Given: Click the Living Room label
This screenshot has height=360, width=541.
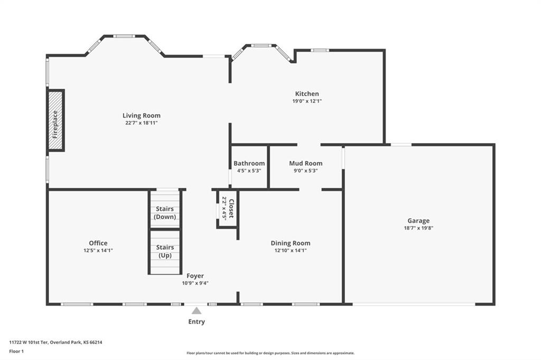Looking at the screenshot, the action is pyautogui.click(x=142, y=116).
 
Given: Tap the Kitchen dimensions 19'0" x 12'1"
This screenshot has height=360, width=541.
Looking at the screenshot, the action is pyautogui.click(x=307, y=101).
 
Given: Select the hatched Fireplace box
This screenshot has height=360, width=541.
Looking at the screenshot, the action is pyautogui.click(x=55, y=120).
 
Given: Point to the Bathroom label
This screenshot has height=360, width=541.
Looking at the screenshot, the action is pyautogui.click(x=249, y=163).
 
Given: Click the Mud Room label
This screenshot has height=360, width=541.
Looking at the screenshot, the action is pyautogui.click(x=306, y=163).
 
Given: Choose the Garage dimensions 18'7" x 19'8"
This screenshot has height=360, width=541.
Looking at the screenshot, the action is pyautogui.click(x=418, y=228).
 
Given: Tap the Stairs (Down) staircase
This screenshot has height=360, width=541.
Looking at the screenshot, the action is pyautogui.click(x=165, y=209).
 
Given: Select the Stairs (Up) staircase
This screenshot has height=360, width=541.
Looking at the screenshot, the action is pyautogui.click(x=165, y=252).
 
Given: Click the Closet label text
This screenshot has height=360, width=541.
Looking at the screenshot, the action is pyautogui.click(x=231, y=209).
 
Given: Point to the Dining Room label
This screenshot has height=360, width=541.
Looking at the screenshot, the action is pyautogui.click(x=291, y=243).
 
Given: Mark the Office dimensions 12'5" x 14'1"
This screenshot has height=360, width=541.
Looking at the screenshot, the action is pyautogui.click(x=98, y=251).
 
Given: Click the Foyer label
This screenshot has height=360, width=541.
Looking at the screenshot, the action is pyautogui.click(x=195, y=276).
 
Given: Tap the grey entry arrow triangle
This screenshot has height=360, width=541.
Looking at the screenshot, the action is pyautogui.click(x=197, y=311).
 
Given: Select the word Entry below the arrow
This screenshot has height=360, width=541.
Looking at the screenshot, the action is pyautogui.click(x=197, y=321).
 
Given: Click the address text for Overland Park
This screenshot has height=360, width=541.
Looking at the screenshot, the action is pyautogui.click(x=55, y=343).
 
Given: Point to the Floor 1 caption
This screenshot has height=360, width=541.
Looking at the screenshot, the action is pyautogui.click(x=16, y=352).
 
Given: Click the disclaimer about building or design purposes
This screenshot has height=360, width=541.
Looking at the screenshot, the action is pyautogui.click(x=270, y=353).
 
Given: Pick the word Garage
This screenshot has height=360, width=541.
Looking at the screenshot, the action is pyautogui.click(x=418, y=221).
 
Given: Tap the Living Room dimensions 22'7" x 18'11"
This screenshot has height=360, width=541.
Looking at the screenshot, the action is pyautogui.click(x=142, y=123).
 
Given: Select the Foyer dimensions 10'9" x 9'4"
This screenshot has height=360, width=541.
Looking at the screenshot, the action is pyautogui.click(x=195, y=283).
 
